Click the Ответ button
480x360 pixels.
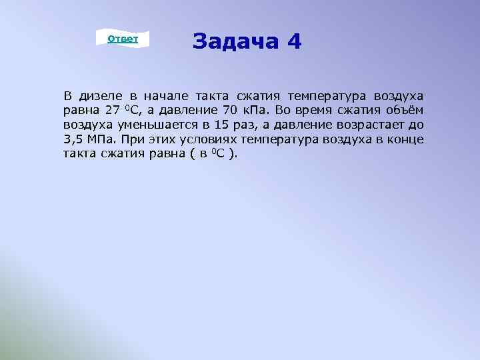click(x=123, y=39)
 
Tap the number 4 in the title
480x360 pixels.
click(x=295, y=43)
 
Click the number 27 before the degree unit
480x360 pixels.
click(x=111, y=110)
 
